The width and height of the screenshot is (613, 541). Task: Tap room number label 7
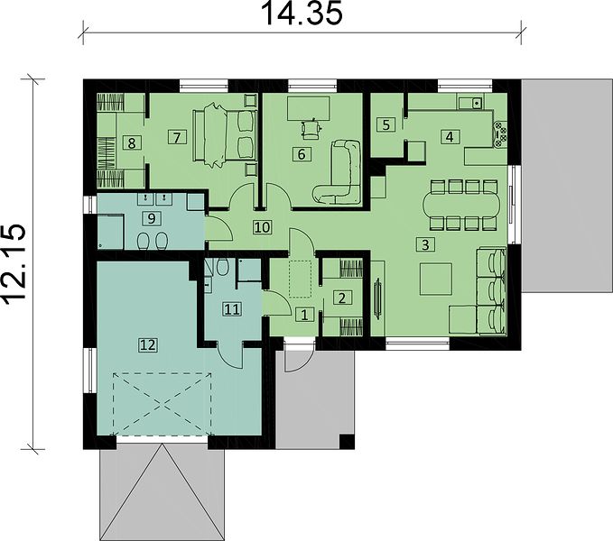pyautogui.click(x=177, y=138)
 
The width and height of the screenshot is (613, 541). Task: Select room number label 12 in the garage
pyautogui.click(x=148, y=345)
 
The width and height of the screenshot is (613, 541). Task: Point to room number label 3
pyautogui.click(x=425, y=244)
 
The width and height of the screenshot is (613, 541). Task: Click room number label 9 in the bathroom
pyautogui.click(x=152, y=218)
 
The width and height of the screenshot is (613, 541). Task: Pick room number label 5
pyautogui.click(x=386, y=125)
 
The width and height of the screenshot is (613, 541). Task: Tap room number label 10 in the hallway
pyautogui.click(x=262, y=227)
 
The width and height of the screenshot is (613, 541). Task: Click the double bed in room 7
pyautogui.click(x=225, y=135)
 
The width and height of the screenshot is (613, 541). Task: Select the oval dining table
pyautogui.click(x=464, y=205)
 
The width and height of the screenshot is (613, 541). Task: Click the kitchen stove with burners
pyautogui.click(x=500, y=134)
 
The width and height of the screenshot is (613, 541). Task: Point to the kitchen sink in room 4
pyautogui.click(x=471, y=104)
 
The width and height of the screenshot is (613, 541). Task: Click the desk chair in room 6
pyautogui.click(x=311, y=128)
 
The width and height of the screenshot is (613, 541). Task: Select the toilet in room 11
pyautogui.click(x=223, y=268)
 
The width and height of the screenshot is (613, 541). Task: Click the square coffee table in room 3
pyautogui.click(x=436, y=279)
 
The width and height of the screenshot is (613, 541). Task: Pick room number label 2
pyautogui.click(x=341, y=298)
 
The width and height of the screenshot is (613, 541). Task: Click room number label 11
pyautogui.click(x=232, y=309)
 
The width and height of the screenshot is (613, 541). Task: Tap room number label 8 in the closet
pyautogui.click(x=132, y=143)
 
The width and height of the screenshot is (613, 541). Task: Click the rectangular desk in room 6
pyautogui.click(x=308, y=109)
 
